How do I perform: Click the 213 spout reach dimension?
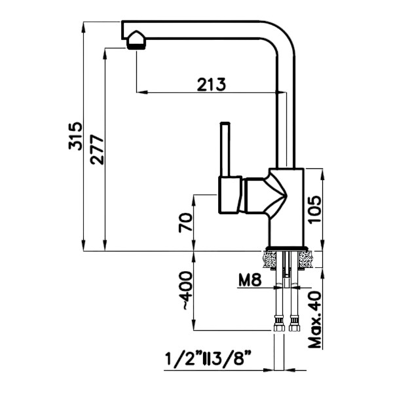click(x=210, y=84)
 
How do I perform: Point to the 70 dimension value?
click(x=185, y=223)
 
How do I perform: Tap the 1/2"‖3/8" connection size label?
click(x=211, y=360)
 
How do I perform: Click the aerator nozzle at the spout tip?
click(x=136, y=41)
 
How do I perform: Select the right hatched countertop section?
click(x=305, y=259)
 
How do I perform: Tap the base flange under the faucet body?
click(x=286, y=248)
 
